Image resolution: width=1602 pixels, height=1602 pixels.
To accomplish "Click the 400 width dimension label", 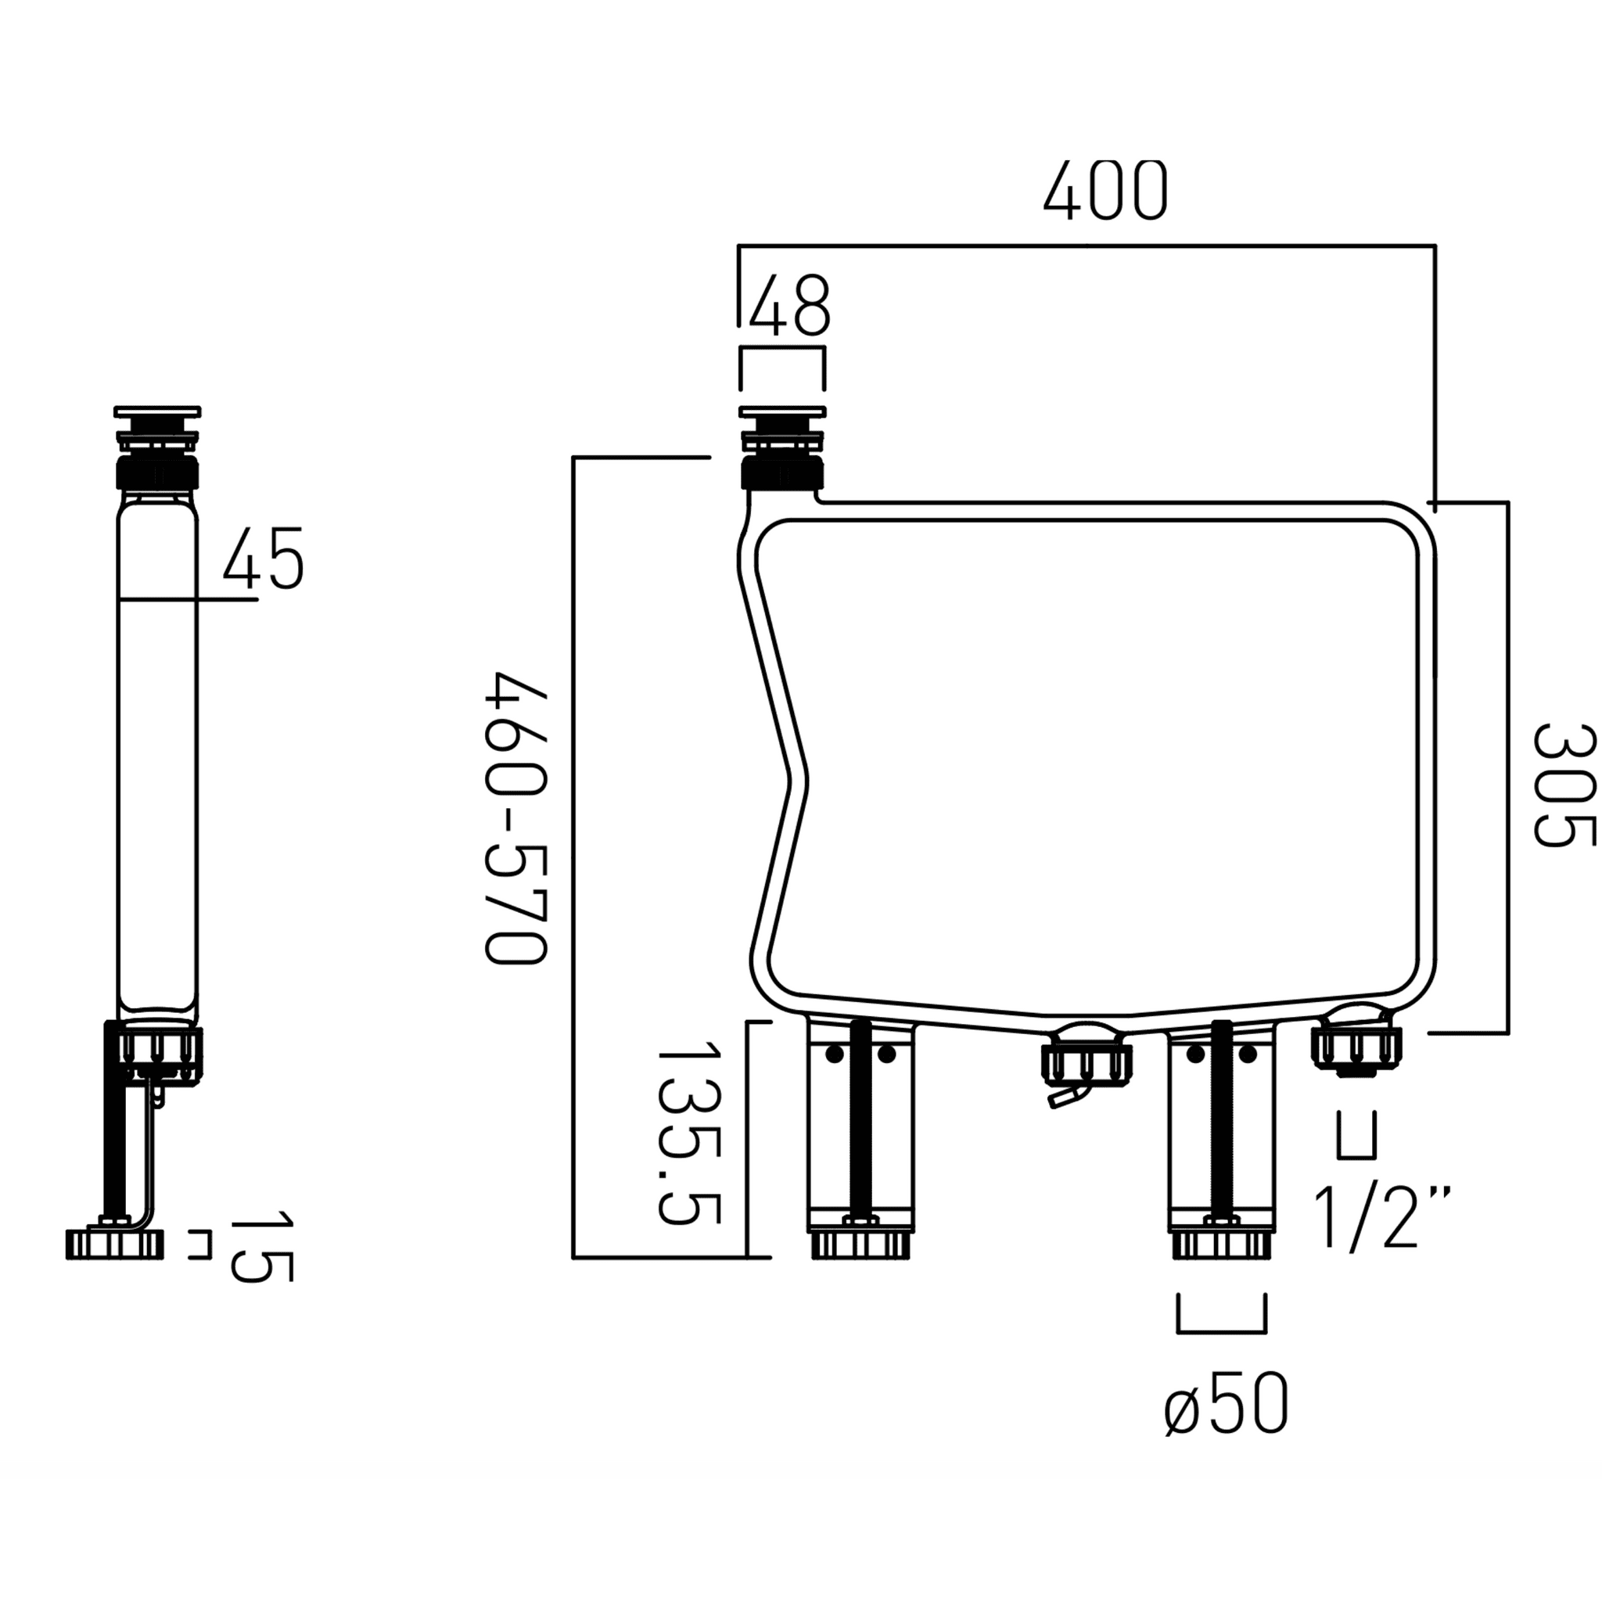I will (x=1105, y=190).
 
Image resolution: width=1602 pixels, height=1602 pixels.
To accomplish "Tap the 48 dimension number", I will (x=788, y=306).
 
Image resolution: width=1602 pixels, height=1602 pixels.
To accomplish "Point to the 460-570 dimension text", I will (x=515, y=818).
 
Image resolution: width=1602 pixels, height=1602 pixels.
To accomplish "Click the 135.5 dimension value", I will (x=688, y=1134).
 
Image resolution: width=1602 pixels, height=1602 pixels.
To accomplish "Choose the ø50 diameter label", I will (x=1227, y=1404).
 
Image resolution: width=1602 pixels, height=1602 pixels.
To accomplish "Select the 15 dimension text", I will (x=261, y=1246).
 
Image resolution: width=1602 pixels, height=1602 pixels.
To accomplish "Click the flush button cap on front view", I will (x=782, y=411).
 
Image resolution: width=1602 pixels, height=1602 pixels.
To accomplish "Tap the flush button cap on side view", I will (x=157, y=411).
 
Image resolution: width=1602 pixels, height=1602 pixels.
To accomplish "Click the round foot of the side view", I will (x=114, y=1245).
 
